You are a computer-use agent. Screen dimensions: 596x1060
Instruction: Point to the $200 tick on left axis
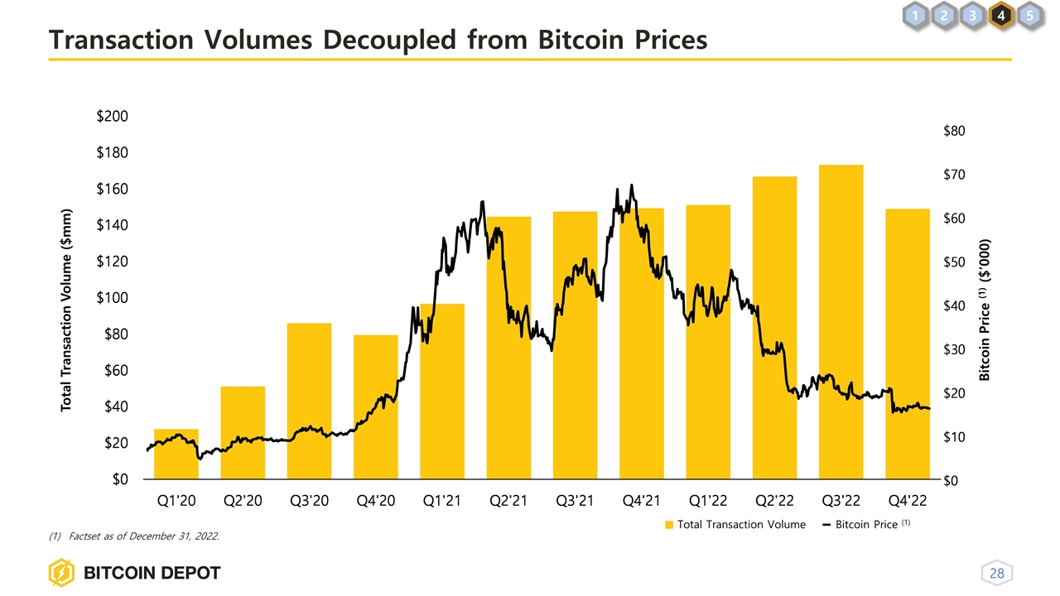point(112,117)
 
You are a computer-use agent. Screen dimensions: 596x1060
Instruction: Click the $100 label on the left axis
point(112,298)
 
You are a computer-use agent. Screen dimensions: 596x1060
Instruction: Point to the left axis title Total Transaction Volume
point(68,310)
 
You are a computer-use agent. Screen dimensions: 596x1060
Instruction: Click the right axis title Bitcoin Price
point(985,310)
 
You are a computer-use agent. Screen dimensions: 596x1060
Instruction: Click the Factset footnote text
point(145,536)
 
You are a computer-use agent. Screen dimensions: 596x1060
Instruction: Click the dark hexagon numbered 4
point(1001,15)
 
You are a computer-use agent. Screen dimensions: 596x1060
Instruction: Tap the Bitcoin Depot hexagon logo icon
point(62,573)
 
